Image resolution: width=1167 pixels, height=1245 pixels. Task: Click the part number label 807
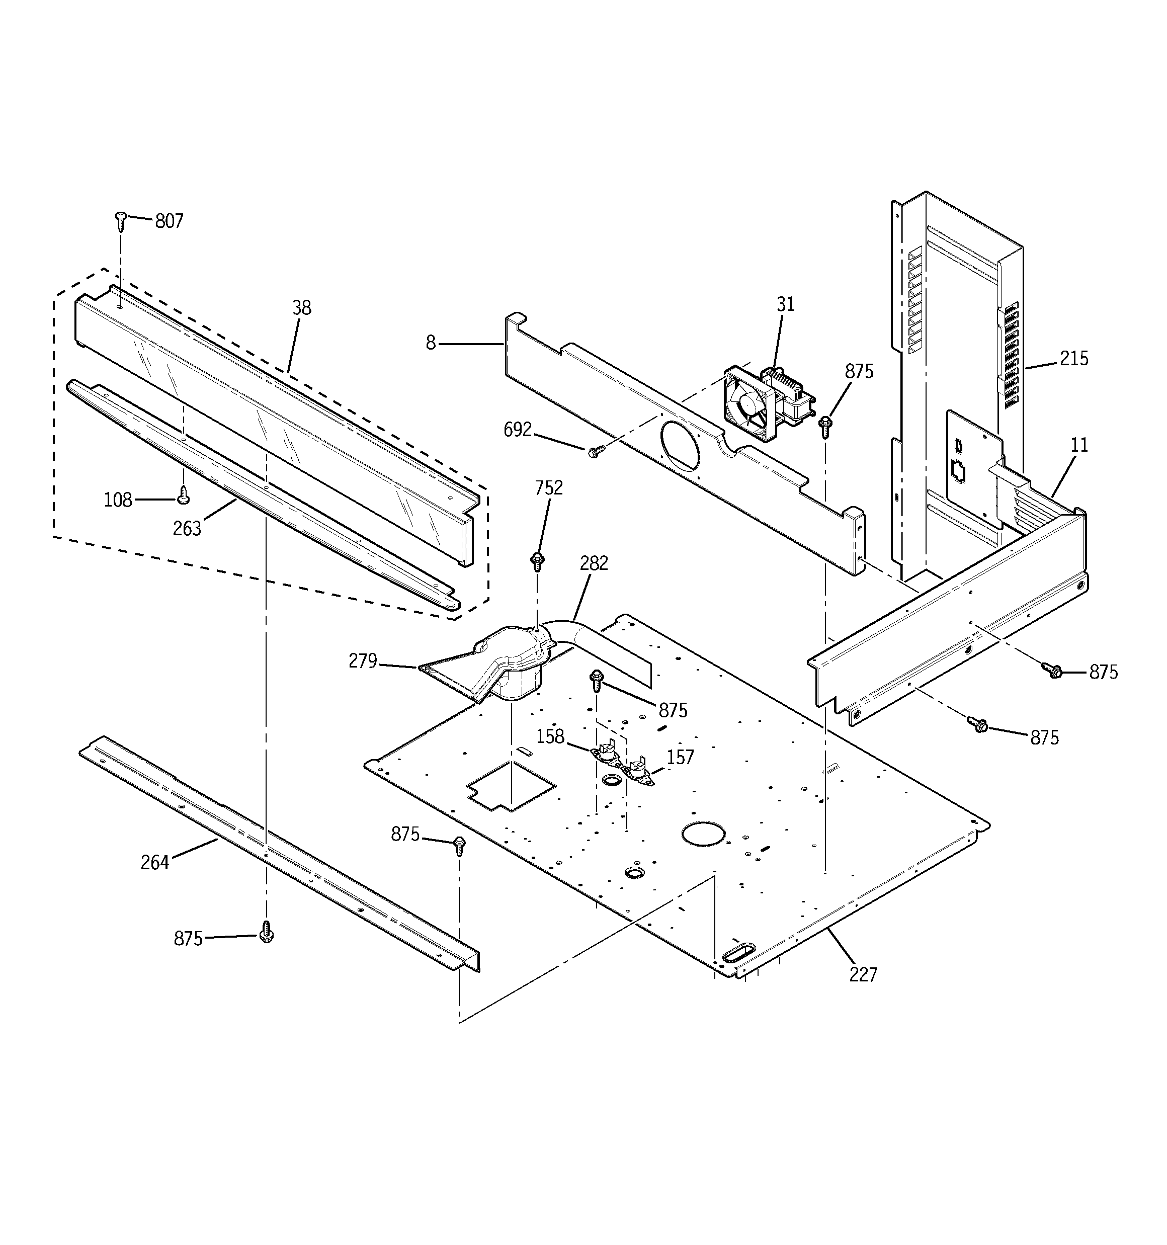[x=169, y=221]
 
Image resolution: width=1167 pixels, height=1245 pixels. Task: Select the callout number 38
[x=301, y=307]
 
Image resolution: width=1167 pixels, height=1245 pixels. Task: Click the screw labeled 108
[x=184, y=496]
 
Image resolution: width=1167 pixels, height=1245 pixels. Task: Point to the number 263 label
[x=187, y=529]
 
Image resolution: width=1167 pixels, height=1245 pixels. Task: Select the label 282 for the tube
[x=593, y=563]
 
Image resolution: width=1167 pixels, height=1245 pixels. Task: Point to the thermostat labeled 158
[x=605, y=752]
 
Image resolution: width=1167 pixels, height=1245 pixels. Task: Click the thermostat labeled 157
[x=639, y=771]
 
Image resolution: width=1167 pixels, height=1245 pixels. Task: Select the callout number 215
[x=1073, y=358]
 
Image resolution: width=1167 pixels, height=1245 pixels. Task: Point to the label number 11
[x=1078, y=445]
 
